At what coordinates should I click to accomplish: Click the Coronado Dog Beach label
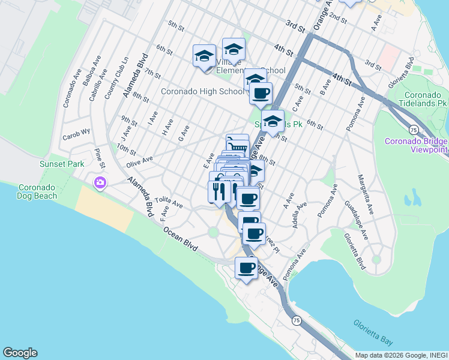[37, 191]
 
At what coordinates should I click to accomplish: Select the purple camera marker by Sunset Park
[100, 182]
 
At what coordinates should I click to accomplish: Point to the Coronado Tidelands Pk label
[426, 100]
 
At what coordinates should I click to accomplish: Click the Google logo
[20, 353]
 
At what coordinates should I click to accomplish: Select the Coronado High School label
[202, 92]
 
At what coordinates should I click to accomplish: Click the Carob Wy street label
[77, 131]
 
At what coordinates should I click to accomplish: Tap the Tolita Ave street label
[168, 202]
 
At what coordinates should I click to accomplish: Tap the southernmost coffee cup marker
[246, 268]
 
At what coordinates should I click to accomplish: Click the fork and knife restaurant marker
[218, 191]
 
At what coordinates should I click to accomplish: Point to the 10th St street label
[126, 147]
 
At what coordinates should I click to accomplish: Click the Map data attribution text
[401, 355]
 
